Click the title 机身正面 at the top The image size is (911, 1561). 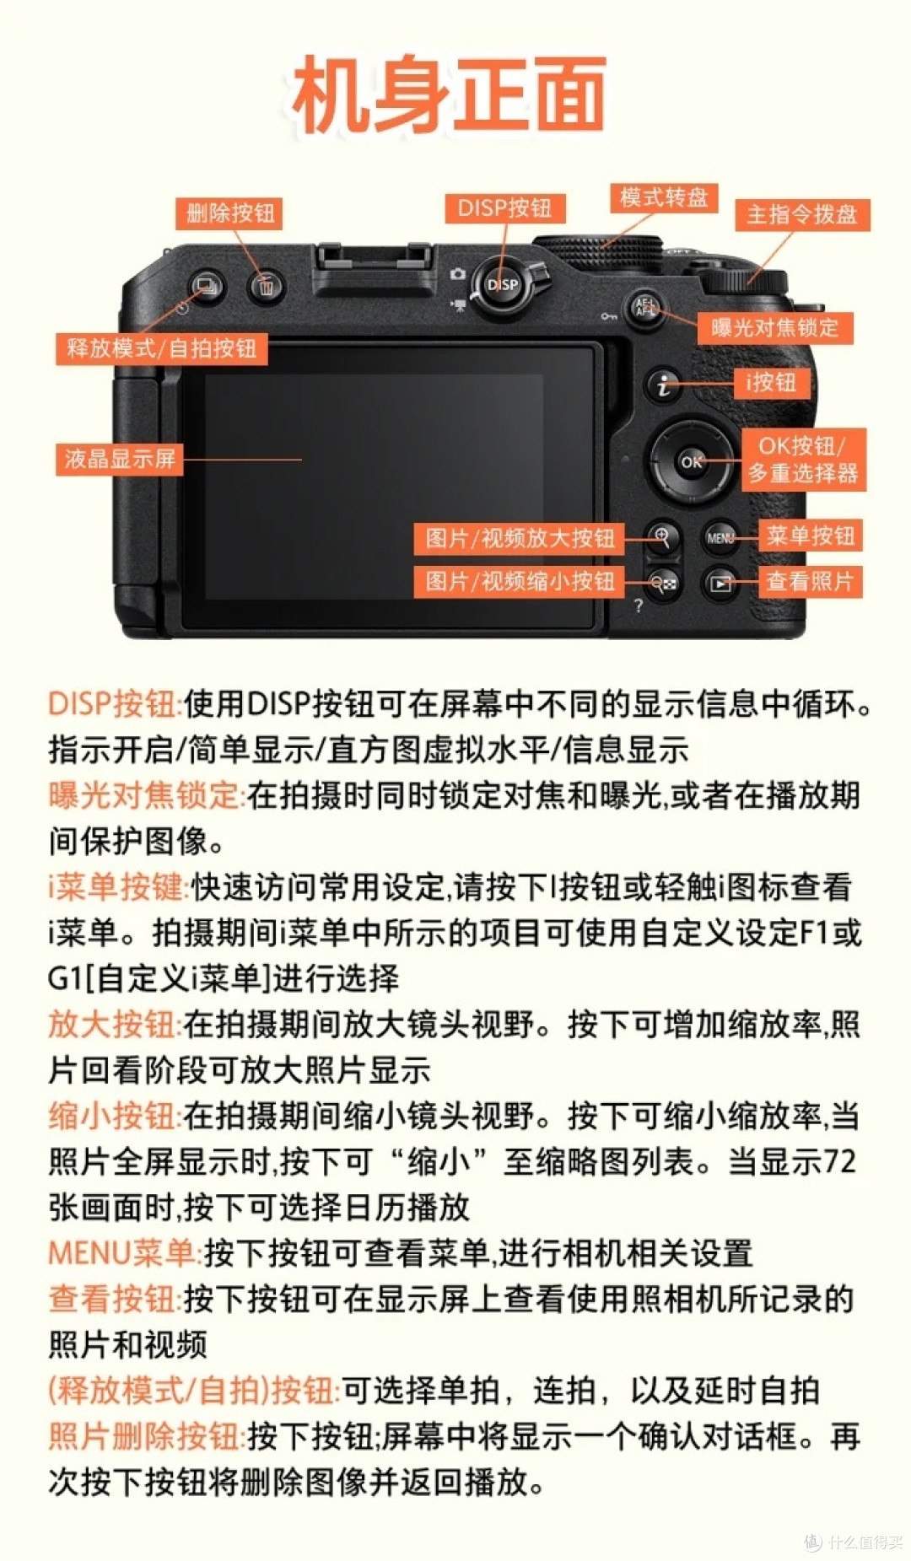click(449, 94)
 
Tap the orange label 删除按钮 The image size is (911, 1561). click(229, 213)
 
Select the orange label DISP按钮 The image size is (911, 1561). click(504, 208)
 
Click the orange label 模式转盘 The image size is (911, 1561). click(663, 197)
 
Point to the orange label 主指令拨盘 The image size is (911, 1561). click(801, 214)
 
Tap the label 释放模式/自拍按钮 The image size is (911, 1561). click(161, 347)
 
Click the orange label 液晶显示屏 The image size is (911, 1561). click(120, 459)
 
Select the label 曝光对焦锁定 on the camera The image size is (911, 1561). click(774, 327)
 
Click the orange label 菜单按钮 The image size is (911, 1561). click(810, 536)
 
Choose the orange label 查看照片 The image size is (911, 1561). click(810, 581)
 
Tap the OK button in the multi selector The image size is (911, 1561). click(691, 461)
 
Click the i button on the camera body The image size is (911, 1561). click(664, 385)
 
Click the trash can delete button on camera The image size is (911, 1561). click(267, 287)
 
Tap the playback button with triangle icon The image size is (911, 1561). click(720, 583)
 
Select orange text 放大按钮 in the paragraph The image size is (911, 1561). click(113, 1024)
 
